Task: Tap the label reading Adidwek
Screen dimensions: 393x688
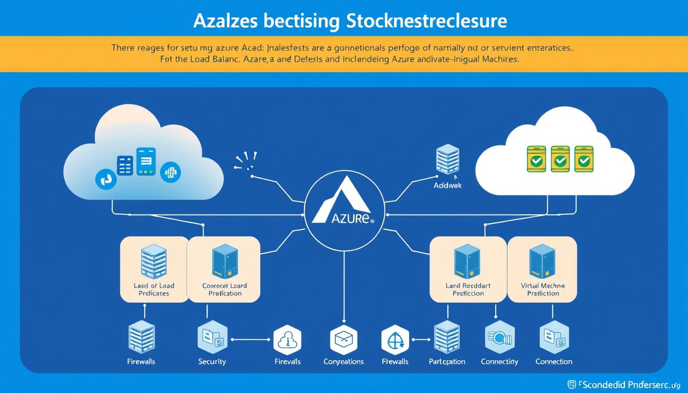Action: (x=447, y=186)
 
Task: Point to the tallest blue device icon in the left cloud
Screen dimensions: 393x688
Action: (x=146, y=162)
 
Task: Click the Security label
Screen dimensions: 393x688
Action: (x=212, y=361)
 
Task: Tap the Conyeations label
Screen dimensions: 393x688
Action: (x=343, y=361)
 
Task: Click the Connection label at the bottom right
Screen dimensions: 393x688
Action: (x=553, y=361)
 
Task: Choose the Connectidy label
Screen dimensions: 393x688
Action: (x=499, y=361)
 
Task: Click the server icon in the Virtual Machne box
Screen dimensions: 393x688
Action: (x=542, y=260)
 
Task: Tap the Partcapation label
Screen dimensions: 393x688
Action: (x=447, y=361)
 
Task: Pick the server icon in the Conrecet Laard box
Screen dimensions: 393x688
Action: (x=224, y=261)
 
